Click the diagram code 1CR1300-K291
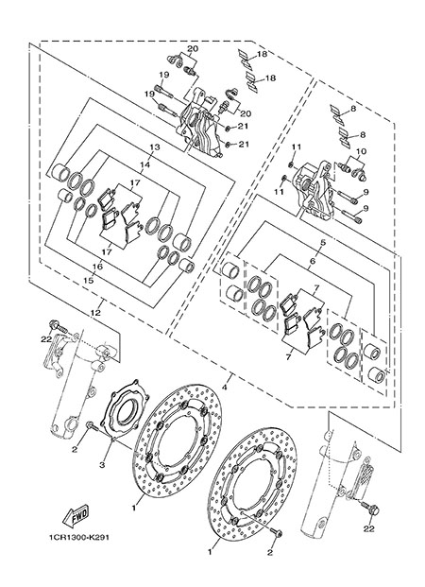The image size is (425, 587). (x=78, y=537)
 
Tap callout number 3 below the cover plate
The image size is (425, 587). (x=102, y=464)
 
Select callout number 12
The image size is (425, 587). (x=96, y=313)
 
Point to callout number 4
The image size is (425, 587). (x=225, y=388)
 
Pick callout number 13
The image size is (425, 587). (x=155, y=147)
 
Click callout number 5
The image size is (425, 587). (x=323, y=242)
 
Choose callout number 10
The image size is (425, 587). (x=361, y=151)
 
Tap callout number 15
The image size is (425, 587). (x=90, y=280)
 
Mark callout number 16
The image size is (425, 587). (x=97, y=267)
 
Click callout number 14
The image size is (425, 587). (x=145, y=164)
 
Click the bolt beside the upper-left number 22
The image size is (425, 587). (x=59, y=326)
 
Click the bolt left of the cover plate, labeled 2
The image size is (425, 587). (x=92, y=426)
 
